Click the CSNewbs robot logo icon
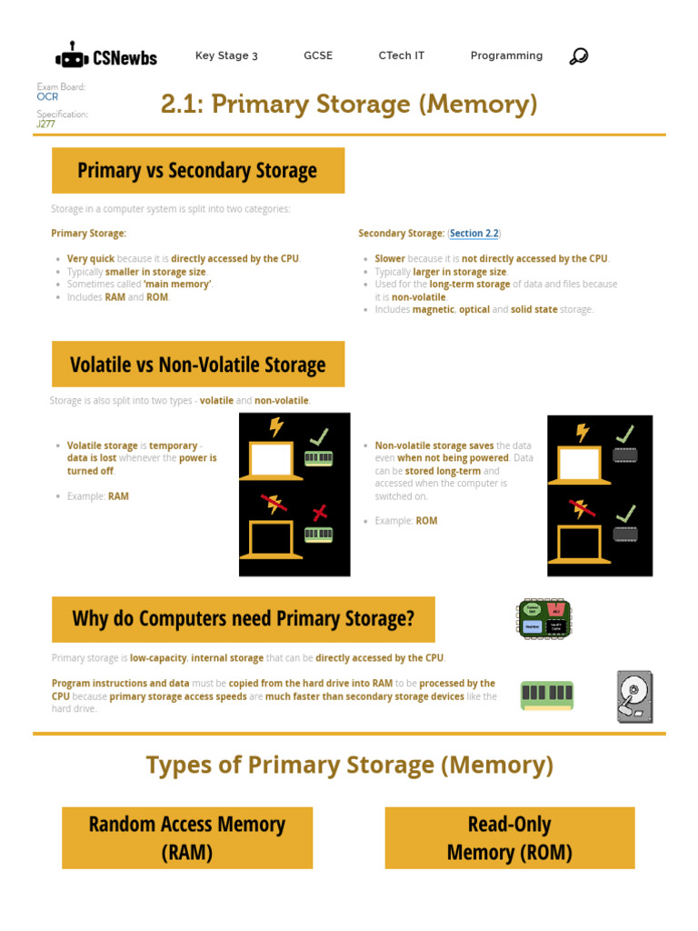pos(72,56)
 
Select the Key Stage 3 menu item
pos(226,55)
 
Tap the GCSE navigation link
pos(318,55)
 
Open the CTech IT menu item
pos(401,55)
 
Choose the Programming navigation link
pos(506,55)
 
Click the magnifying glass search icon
pos(578,56)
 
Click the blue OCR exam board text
pos(47,96)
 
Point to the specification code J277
pos(45,124)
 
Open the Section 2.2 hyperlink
pos(474,234)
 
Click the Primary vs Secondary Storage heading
pos(198,170)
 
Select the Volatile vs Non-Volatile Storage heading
pos(198,365)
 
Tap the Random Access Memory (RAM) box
pos(187,837)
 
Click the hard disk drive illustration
pos(634,696)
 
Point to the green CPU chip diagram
pos(545,618)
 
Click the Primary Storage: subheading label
pos(89,234)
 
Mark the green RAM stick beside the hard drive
pos(546,696)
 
